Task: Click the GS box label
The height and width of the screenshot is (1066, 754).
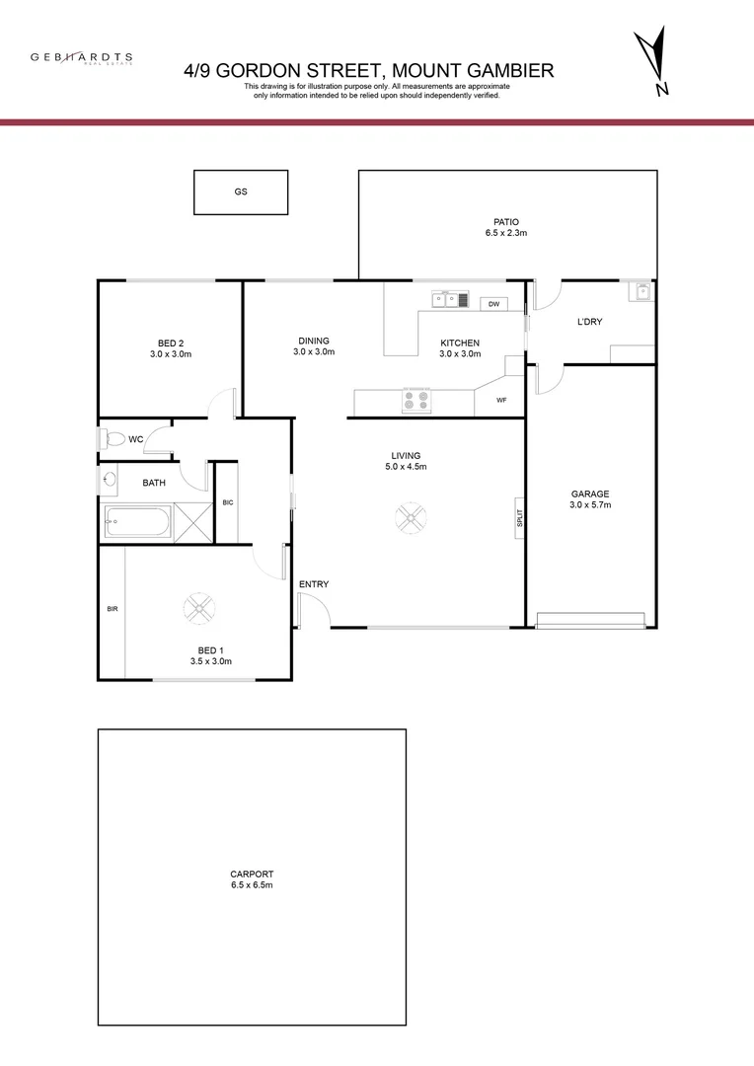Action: point(240,192)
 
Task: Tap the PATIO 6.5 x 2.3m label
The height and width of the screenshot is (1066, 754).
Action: point(506,228)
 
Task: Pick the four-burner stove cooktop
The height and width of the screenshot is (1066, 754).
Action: point(416,401)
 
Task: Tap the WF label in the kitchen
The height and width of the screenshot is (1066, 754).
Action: point(501,401)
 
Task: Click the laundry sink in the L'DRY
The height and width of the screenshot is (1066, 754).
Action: point(642,290)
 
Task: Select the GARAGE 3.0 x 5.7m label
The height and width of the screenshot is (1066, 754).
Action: point(590,499)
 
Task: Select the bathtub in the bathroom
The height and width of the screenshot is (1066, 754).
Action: point(138,521)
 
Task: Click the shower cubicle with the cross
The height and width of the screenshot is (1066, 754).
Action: point(193,522)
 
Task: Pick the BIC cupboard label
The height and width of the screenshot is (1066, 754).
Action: point(227,502)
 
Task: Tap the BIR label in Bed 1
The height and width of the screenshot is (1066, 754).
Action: point(112,609)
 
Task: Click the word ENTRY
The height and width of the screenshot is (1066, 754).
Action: point(314,584)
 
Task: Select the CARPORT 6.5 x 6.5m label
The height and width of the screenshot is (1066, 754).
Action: point(252,879)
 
